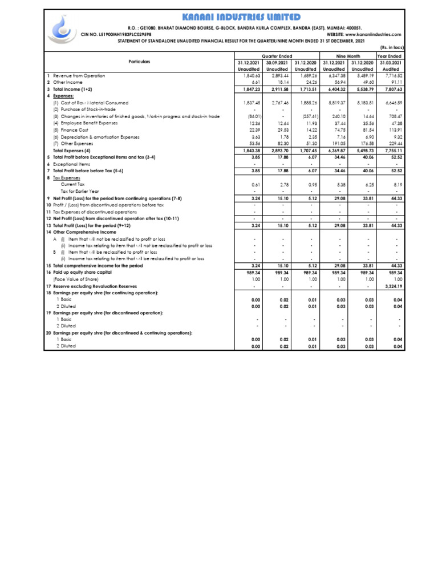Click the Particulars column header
[139, 62]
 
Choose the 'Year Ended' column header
[389, 56]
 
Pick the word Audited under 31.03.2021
[390, 68]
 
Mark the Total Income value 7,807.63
[391, 90]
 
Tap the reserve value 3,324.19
[391, 286]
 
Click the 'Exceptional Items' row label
[72, 164]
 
